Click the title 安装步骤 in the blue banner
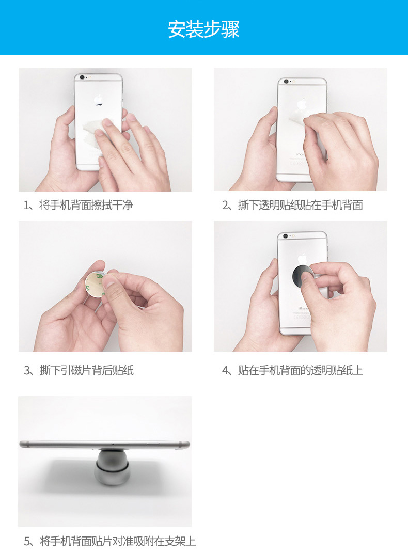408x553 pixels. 204,29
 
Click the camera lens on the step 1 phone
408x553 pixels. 82,77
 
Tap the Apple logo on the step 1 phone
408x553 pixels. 98,100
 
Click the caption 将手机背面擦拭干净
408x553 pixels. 86,205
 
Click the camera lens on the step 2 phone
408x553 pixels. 286,82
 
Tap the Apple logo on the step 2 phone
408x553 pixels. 302,104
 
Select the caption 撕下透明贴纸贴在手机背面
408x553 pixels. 301,205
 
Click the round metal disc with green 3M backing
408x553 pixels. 95,285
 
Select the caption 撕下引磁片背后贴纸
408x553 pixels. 87,370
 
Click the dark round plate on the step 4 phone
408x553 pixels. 302,276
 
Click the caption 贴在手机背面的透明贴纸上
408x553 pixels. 301,370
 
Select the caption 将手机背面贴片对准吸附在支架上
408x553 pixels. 117,541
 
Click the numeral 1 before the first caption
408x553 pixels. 26,206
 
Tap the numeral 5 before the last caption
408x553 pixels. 27,541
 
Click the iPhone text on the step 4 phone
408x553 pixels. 303,308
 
